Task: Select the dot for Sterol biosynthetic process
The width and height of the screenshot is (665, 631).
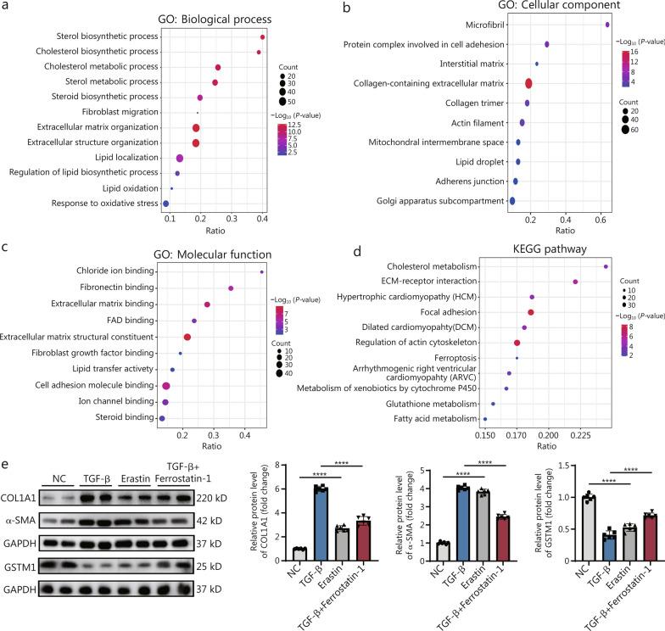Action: coord(262,37)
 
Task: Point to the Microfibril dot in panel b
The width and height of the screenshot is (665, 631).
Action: coord(608,25)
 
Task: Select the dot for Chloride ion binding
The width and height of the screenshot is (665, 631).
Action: coord(262,271)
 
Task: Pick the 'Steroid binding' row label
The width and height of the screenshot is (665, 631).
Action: coord(127,418)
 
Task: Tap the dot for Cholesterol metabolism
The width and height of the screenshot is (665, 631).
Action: coord(606,266)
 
